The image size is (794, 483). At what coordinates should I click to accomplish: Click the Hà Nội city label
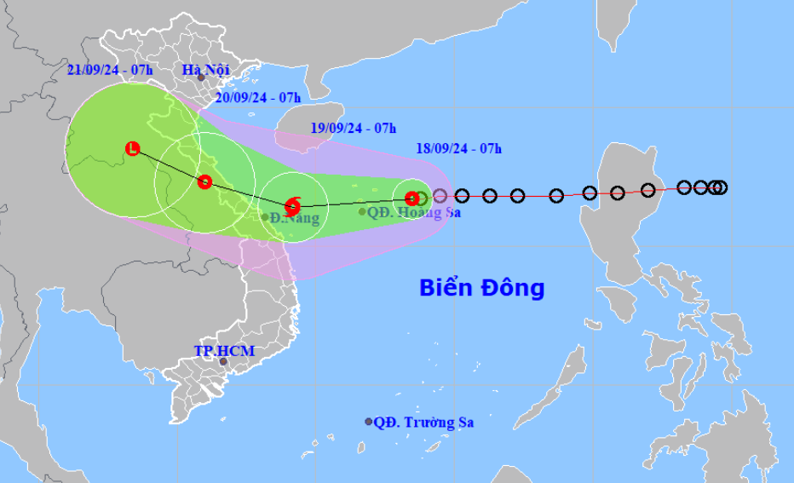coord(207,69)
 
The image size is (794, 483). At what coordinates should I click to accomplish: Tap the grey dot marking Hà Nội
coord(201,78)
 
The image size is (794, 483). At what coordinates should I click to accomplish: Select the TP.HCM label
coord(224,350)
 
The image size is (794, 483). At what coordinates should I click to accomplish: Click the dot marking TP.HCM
coord(223,361)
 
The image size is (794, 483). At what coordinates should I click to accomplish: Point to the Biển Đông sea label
coord(481,288)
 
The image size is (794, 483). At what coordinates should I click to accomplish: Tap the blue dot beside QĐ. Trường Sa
coord(369,422)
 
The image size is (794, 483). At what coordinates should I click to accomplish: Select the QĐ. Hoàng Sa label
coord(414,212)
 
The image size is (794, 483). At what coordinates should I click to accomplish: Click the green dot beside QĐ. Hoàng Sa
coord(362,212)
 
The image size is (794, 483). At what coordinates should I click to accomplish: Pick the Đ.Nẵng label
coord(296,218)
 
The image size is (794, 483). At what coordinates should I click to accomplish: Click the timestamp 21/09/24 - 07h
coord(110,70)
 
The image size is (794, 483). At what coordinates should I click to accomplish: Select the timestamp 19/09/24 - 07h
coord(354,129)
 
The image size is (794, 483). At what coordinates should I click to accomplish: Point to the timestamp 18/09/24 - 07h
coord(458,148)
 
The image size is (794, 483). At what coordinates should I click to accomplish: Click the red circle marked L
coord(132,149)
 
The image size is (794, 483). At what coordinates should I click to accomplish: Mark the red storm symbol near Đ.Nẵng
coord(292,204)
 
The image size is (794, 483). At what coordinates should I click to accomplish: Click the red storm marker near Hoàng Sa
coord(411,198)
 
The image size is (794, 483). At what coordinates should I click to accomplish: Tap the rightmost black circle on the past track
coord(721,187)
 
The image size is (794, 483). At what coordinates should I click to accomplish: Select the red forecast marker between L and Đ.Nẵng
coord(204,181)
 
